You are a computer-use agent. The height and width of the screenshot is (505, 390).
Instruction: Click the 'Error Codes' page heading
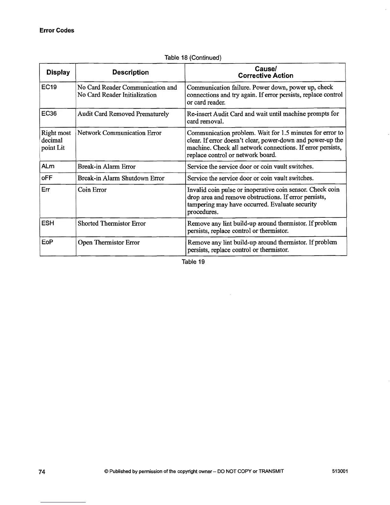click(57, 31)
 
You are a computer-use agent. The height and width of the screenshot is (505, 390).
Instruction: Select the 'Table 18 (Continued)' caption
click(192, 58)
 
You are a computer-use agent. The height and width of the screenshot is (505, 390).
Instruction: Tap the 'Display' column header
click(58, 72)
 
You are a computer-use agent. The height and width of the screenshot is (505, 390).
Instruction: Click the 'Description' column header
click(130, 72)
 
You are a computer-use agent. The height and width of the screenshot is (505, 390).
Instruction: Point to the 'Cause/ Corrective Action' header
click(265, 72)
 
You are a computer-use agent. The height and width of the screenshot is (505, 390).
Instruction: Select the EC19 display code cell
click(49, 87)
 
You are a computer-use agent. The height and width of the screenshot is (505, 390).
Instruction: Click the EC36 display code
click(49, 114)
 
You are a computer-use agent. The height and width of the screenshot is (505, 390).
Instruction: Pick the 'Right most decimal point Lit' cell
click(56, 140)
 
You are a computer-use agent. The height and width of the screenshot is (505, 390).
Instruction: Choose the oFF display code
click(47, 178)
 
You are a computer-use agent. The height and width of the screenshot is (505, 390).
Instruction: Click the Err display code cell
click(46, 190)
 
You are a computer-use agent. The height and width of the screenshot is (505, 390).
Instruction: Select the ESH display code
click(48, 223)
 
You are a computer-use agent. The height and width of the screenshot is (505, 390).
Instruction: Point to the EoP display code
click(47, 242)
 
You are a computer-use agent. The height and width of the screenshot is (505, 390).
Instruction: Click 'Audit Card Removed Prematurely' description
click(123, 114)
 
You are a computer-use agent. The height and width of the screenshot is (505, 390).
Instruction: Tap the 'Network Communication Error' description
click(119, 133)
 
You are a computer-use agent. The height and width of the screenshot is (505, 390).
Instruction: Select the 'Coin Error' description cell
click(92, 190)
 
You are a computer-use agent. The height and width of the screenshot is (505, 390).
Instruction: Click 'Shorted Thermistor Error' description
click(112, 223)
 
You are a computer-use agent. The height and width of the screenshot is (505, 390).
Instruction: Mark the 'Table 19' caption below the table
click(193, 262)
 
